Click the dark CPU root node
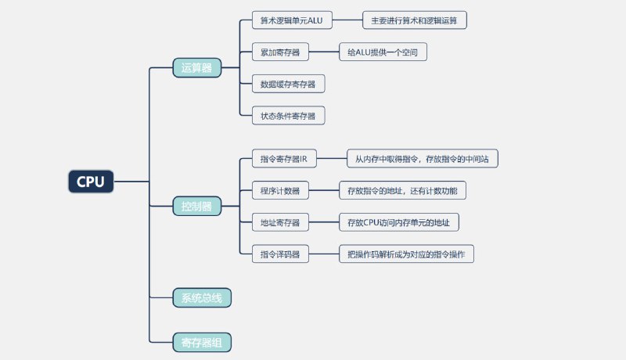tap(90, 182)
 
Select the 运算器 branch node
tap(196, 68)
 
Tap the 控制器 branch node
tap(196, 207)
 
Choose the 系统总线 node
tap(202, 297)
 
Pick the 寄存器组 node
tap(202, 342)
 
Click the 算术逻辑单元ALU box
tap(292, 20)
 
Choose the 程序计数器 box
tap(280, 190)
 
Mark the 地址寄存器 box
tap(280, 222)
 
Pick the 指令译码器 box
tap(280, 254)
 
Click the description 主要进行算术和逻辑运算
tap(414, 20)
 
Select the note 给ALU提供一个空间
tap(382, 52)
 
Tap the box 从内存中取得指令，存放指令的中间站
tap(422, 159)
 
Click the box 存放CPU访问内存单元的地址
tap(398, 222)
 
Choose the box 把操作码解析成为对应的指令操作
tap(405, 254)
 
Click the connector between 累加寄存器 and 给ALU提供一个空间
tap(323, 52)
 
